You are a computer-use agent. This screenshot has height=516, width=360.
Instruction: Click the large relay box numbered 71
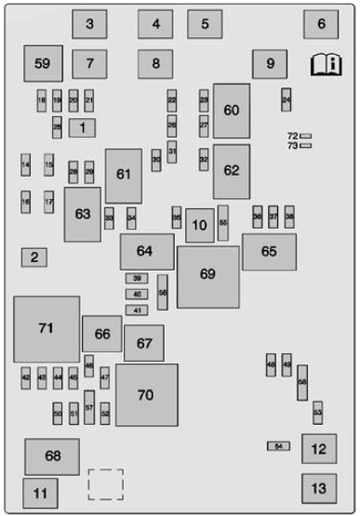coord(46,329)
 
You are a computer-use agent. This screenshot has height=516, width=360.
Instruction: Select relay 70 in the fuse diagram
coord(146,394)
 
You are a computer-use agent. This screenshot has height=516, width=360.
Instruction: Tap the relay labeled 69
coord(207,275)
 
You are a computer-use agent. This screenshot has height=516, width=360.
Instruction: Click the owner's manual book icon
coord(326,64)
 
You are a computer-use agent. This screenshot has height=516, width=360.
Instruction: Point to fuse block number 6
coord(320,24)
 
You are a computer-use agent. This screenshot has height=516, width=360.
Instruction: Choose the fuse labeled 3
coord(89,24)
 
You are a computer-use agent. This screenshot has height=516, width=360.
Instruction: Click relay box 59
coord(43,63)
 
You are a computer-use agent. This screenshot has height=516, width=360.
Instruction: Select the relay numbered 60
coord(231,111)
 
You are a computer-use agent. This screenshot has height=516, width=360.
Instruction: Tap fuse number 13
coord(319,487)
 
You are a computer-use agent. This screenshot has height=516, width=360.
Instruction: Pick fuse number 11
coord(39,493)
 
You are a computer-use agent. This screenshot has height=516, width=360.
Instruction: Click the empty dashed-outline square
coord(105,484)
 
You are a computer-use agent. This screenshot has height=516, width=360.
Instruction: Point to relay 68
coord(52,456)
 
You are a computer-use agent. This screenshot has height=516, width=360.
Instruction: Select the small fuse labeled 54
coord(278,446)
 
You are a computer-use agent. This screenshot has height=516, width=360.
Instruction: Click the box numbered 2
coord(34,258)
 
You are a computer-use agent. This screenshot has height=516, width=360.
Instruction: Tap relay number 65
coord(269,252)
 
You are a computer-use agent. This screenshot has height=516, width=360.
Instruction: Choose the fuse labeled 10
coord(199,225)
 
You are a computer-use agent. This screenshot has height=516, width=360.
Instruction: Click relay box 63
coord(82,214)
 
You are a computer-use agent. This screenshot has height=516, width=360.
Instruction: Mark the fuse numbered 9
coord(270,64)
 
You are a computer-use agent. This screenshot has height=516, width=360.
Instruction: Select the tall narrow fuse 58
coord(302,382)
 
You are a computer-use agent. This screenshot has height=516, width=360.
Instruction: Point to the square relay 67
coord(144,343)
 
